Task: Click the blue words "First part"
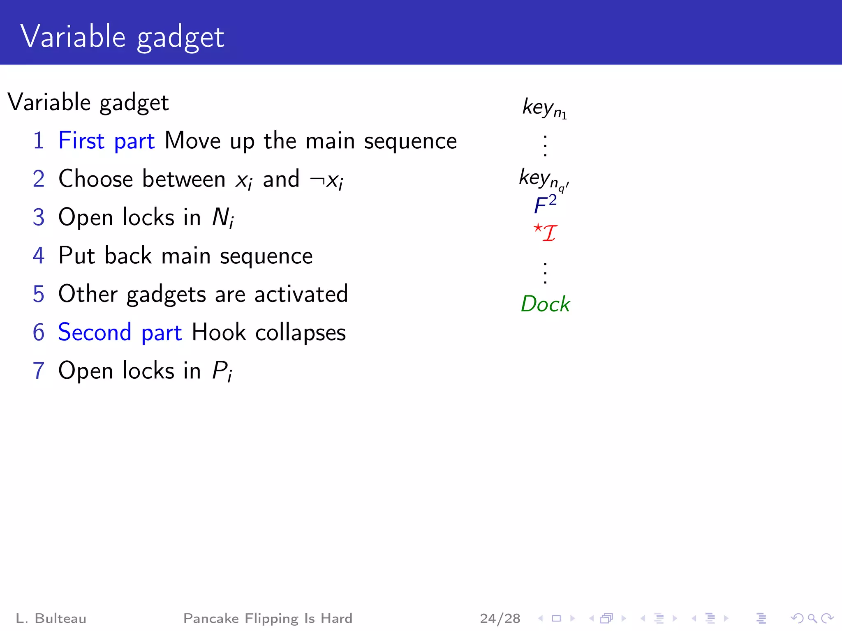point(106,141)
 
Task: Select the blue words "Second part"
point(120,332)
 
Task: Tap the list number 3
point(39,217)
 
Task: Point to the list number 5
point(39,294)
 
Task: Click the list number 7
point(39,371)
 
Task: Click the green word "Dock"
point(545,304)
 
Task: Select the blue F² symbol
point(545,205)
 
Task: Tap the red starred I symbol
point(545,233)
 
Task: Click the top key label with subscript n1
point(544,108)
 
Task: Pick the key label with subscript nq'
point(544,179)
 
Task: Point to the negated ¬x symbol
point(327,180)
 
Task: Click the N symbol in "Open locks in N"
point(222,217)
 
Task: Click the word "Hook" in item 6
point(219,332)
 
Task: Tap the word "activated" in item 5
point(301,294)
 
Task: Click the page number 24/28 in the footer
point(500,618)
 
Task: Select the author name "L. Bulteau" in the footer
point(51,618)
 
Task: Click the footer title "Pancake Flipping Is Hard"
point(268,618)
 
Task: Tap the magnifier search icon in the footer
point(812,618)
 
